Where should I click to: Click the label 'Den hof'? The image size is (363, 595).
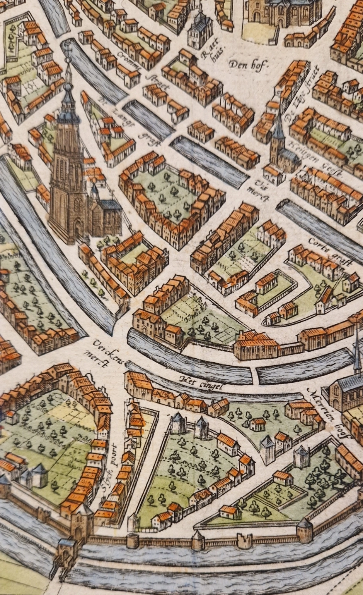click(247, 65)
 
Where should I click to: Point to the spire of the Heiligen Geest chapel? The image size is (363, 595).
click(277, 124)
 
